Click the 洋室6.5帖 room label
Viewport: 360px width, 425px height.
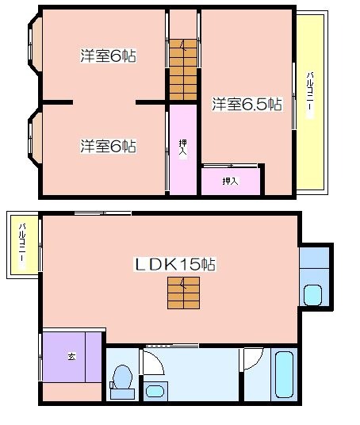tap(247, 104)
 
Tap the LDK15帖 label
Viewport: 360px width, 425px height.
tap(175, 264)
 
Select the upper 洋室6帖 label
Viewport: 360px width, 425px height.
tap(109, 56)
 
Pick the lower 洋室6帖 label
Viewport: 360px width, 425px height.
tap(109, 146)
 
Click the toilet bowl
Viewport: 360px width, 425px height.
tap(123, 377)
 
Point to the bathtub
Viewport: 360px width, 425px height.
tap(284, 374)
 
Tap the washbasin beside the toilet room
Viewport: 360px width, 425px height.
tap(155, 391)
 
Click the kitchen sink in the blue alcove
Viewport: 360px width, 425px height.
tap(313, 296)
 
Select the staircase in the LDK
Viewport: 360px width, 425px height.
tap(184, 293)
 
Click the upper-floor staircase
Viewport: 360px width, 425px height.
tap(183, 70)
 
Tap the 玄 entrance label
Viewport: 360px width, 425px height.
tap(71, 356)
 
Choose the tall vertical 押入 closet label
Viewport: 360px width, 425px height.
tap(183, 148)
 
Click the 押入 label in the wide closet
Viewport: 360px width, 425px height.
tap(231, 181)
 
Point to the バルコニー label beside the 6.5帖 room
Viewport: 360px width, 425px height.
tap(310, 95)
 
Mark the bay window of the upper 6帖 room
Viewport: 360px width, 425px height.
tap(35, 44)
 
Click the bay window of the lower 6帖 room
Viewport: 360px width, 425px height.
tap(35, 137)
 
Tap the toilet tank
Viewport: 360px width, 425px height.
tap(123, 394)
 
